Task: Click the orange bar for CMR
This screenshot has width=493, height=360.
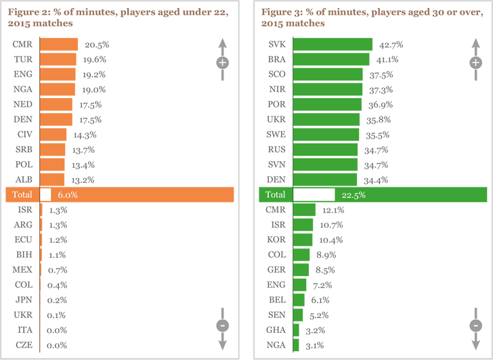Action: (59, 44)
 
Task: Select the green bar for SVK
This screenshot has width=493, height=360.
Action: (333, 44)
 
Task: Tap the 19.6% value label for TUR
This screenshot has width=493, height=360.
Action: (94, 60)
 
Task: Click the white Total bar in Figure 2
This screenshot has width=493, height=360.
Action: (45, 194)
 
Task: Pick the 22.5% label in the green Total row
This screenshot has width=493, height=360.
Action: (353, 194)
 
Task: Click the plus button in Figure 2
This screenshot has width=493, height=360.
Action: (222, 63)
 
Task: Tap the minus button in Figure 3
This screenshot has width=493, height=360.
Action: (475, 325)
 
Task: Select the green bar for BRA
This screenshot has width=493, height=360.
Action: (331, 60)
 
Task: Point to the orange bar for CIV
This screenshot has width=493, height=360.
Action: (53, 135)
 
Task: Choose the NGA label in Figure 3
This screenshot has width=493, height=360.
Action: (276, 345)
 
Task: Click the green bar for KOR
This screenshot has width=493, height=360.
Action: (303, 240)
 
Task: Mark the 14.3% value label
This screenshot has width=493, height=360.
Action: (85, 135)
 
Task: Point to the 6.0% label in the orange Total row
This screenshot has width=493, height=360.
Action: (67, 194)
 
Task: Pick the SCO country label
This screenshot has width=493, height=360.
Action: (276, 74)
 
